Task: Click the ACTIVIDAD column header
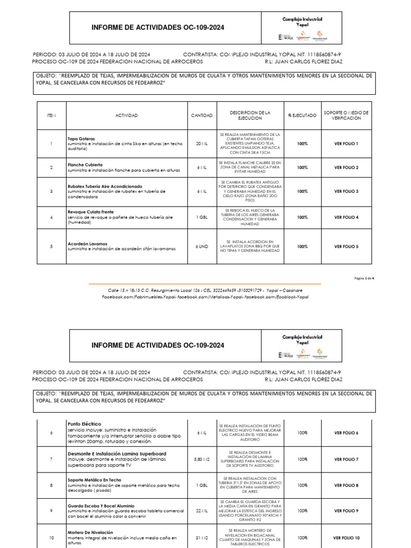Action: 126,116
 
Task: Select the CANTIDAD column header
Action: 202,116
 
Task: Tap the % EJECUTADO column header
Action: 302,116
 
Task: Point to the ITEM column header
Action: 51,116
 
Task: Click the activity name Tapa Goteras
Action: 81,139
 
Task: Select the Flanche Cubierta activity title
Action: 85,164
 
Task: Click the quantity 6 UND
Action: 202,247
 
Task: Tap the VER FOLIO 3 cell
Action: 346,191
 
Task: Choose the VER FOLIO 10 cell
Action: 346,538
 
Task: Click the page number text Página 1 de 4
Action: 368,278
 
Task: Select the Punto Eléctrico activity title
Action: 84,424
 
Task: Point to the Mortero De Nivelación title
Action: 90,532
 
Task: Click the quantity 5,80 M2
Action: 202,459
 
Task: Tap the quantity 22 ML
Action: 202,511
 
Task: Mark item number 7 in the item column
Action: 51,459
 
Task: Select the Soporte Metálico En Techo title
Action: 94,479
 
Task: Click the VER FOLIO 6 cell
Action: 346,433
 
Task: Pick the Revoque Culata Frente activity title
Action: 90,212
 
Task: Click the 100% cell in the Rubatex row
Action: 302,191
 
